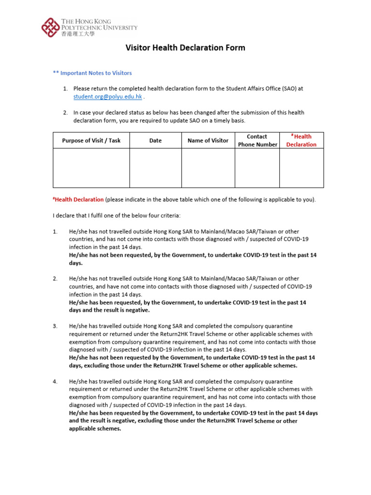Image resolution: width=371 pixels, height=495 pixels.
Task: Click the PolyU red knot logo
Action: tap(51, 28)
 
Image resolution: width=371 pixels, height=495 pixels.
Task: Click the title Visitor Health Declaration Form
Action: tap(185, 48)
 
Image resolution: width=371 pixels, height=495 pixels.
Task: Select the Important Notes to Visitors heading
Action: tap(92, 73)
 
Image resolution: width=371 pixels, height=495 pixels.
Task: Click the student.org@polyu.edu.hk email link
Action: tap(108, 97)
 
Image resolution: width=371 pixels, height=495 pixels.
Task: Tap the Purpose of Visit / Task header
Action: tap(91, 141)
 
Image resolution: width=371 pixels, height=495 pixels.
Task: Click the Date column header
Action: tap(156, 141)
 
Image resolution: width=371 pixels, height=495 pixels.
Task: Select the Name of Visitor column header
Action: tap(208, 141)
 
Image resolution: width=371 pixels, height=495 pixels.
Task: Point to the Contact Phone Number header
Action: tap(257, 141)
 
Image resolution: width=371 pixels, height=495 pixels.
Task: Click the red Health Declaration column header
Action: tap(301, 141)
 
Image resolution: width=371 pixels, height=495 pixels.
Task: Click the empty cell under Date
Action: tap(156, 168)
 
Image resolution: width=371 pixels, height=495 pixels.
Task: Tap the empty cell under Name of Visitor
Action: tap(208, 168)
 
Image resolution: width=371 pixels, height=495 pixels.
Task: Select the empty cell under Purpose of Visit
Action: tap(91, 168)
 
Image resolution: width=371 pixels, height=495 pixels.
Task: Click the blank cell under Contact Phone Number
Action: tap(257, 168)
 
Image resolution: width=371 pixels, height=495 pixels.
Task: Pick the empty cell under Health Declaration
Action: tap(301, 168)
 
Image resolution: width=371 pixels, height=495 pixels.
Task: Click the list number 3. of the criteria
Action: tap(56, 326)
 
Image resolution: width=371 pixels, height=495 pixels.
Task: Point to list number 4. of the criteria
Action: tap(56, 381)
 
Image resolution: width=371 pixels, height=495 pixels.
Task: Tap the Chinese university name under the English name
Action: tap(78, 34)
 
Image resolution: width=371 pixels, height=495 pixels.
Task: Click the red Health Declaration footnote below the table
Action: tap(78, 200)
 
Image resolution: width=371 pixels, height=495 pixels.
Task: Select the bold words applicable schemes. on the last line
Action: tap(95, 429)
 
